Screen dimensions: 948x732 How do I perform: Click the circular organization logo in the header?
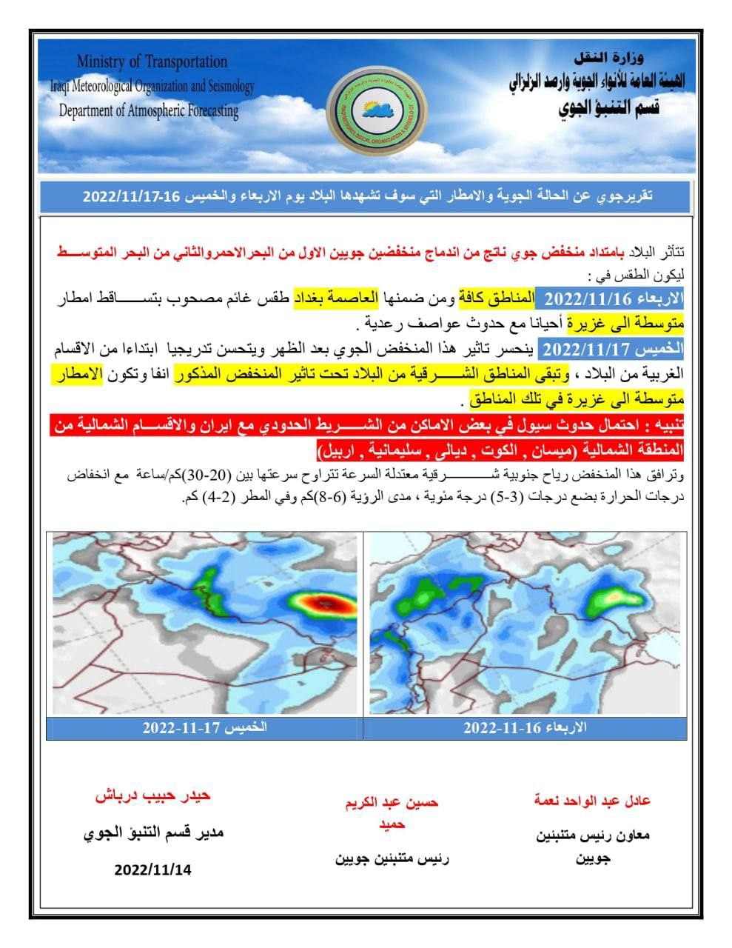[x=372, y=109]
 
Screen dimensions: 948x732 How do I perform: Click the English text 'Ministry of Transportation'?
[x=152, y=61]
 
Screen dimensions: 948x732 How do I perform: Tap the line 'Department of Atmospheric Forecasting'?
[x=149, y=111]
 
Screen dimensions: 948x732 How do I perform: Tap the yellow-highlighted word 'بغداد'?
[x=312, y=299]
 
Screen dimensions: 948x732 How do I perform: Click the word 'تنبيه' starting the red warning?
[x=668, y=427]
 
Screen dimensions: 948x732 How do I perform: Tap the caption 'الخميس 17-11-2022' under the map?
[x=205, y=727]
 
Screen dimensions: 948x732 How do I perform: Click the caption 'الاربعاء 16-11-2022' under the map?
[x=525, y=727]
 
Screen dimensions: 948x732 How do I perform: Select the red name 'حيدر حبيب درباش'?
[x=153, y=795]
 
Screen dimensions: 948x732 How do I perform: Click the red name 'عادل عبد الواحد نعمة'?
[x=592, y=801]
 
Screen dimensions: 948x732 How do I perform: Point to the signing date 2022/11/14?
[x=153, y=869]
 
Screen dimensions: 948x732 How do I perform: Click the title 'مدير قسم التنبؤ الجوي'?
[x=153, y=832]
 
